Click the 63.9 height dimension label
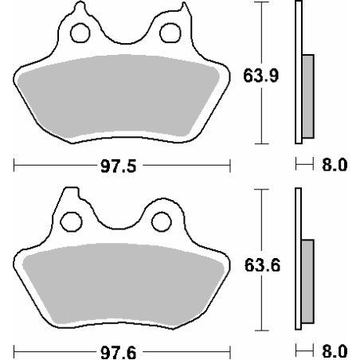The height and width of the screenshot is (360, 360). click(x=261, y=76)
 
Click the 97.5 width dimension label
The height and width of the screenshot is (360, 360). click(x=119, y=166)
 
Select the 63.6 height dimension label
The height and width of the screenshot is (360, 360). click(x=262, y=265)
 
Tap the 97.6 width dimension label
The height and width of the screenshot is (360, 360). click(x=119, y=353)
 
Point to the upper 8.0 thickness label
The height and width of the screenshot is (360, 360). click(x=335, y=165)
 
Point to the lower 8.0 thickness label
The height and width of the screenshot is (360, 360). click(x=335, y=351)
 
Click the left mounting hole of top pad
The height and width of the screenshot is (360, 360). click(x=80, y=33)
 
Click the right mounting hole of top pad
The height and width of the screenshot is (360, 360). click(x=170, y=33)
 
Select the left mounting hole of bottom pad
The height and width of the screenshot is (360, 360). click(x=71, y=221)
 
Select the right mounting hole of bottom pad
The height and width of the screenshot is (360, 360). click(x=162, y=221)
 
